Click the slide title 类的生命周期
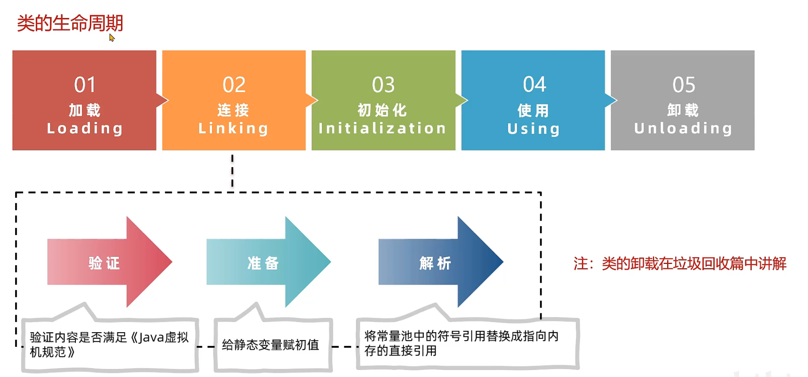pyautogui.click(x=70, y=23)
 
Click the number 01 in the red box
pyautogui.click(x=85, y=85)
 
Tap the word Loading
pyautogui.click(x=85, y=129)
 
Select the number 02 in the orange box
pyautogui.click(x=234, y=85)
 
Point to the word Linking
pyautogui.click(x=233, y=129)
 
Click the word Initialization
pyautogui.click(x=382, y=129)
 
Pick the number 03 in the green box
pyautogui.click(x=383, y=85)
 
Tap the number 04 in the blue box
pyautogui.click(x=534, y=85)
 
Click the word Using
pyautogui.click(x=533, y=129)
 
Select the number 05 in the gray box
pyautogui.click(x=684, y=85)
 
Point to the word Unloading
pyautogui.click(x=683, y=129)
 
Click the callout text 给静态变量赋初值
pyautogui.click(x=271, y=345)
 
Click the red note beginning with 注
pyautogui.click(x=679, y=263)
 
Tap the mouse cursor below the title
pyautogui.click(x=111, y=38)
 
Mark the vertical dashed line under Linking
pyautogui.click(x=232, y=171)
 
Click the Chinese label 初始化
pyautogui.click(x=382, y=110)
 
